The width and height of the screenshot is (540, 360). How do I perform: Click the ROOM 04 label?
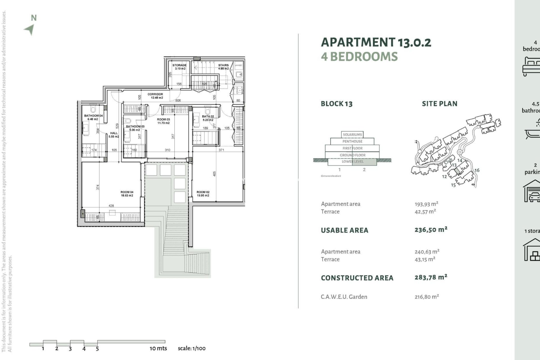pos(127,192)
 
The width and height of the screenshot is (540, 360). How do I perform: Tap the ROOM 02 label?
pos(203,192)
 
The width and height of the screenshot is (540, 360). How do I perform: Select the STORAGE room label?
pos(179,65)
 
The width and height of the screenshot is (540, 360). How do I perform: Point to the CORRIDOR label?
pos(155,94)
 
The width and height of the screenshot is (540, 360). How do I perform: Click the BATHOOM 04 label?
pos(93,116)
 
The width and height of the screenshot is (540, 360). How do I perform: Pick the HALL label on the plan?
pos(114,133)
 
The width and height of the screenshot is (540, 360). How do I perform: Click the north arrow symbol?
pos(30,29)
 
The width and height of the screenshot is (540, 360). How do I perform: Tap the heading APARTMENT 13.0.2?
pos(376,42)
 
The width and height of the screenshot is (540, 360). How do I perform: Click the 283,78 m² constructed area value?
pos(431,278)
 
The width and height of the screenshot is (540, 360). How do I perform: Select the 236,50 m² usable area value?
pos(431,230)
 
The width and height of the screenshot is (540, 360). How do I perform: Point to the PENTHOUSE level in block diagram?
pos(352,141)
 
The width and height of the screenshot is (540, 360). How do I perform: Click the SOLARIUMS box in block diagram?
pos(352,135)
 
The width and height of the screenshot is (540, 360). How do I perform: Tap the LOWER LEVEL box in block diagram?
pos(352,162)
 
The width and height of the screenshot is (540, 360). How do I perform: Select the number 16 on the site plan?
pos(477,170)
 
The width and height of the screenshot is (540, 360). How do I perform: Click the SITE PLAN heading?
pos(439,104)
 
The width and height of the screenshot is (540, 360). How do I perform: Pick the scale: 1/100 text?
pos(192,348)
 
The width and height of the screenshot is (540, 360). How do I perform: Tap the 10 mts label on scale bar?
pos(158,348)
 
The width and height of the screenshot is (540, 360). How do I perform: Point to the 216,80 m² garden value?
pos(426,297)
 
